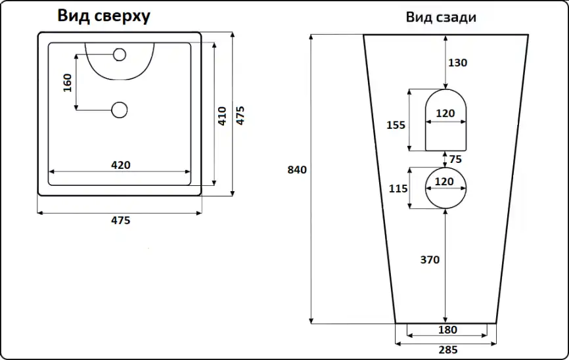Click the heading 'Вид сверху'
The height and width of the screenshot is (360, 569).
coord(103,16)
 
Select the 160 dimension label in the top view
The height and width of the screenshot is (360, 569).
coord(68,82)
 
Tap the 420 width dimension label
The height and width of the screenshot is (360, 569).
coord(120,165)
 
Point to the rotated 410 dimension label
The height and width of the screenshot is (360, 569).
coord(222,116)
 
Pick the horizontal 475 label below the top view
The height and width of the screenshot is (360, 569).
coord(120,221)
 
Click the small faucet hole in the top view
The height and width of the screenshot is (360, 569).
coord(120,55)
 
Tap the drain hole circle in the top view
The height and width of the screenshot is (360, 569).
coord(120,110)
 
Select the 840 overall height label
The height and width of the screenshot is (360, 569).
coord(297,169)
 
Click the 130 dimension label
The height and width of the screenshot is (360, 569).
coord(457,63)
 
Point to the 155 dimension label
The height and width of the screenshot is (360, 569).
coord(396,125)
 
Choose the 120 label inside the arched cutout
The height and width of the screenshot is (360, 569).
coord(445,114)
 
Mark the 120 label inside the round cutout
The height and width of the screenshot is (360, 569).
coord(445,181)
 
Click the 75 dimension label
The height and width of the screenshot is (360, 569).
coord(456,159)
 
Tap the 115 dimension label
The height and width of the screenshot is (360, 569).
coord(398,189)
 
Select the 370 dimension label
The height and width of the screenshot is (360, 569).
coord(430,259)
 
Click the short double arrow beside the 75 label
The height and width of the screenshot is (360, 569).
coord(445,159)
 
